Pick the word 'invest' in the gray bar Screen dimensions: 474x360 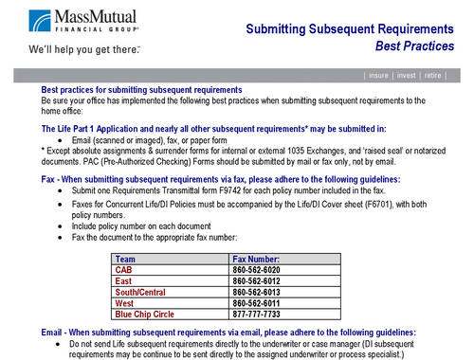click(412, 74)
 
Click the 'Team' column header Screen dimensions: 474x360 click(124, 259)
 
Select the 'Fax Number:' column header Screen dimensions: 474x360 click(256, 259)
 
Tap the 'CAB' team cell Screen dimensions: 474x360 click(123, 270)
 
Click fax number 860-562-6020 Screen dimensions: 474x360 click(260, 270)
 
